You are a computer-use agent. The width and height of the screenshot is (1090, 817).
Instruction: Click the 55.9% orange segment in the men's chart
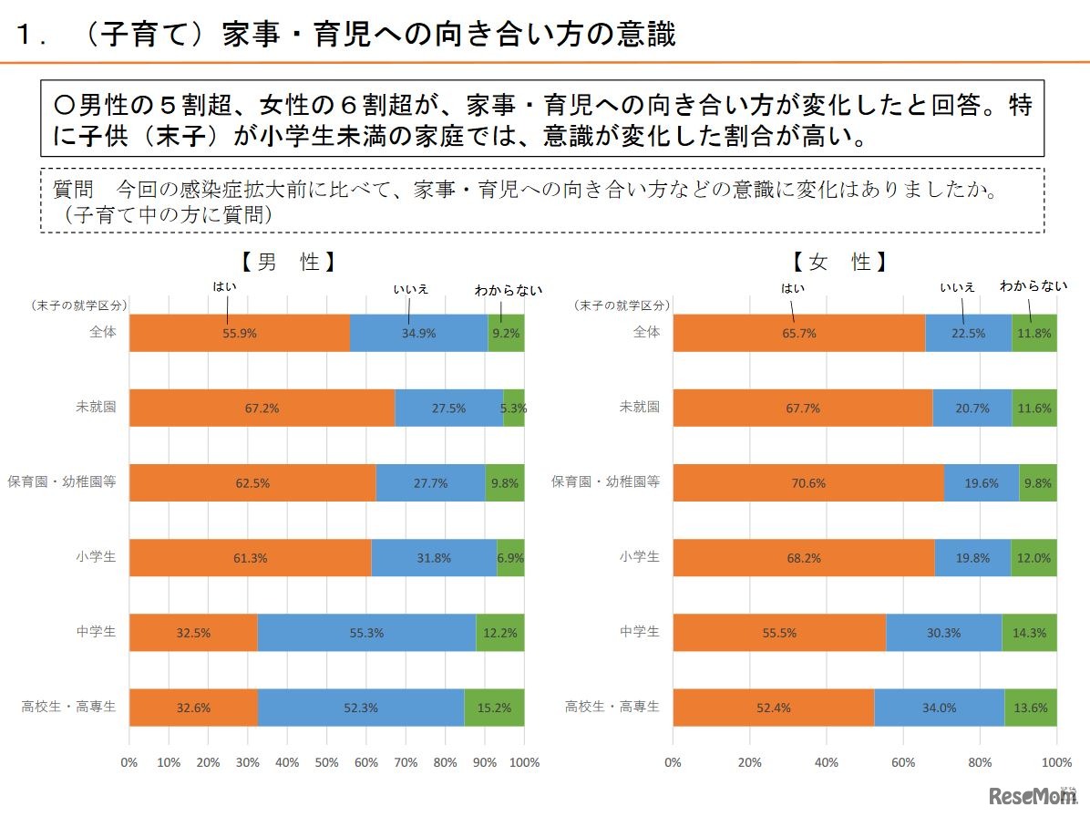pyautogui.click(x=240, y=333)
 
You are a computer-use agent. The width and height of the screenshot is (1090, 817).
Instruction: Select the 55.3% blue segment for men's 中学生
pyautogui.click(x=366, y=633)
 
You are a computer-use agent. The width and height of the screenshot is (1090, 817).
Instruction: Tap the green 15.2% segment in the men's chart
pyautogui.click(x=494, y=708)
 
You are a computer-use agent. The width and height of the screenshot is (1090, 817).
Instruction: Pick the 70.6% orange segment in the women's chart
pyautogui.click(x=808, y=483)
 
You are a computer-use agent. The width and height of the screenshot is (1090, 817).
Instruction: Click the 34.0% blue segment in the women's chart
pyautogui.click(x=939, y=708)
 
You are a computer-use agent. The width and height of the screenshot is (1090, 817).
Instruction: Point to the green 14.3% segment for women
pyautogui.click(x=1029, y=633)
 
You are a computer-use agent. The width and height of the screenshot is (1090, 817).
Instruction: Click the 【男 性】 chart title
pyautogui.click(x=289, y=263)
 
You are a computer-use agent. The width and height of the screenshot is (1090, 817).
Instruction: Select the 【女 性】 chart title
pyautogui.click(x=838, y=263)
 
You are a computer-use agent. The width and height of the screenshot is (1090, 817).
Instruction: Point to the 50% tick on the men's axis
pyautogui.click(x=326, y=762)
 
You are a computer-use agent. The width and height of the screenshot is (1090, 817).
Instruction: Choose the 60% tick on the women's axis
pyautogui.click(x=903, y=762)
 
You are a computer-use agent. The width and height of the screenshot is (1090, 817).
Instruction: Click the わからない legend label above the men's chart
pyautogui.click(x=508, y=290)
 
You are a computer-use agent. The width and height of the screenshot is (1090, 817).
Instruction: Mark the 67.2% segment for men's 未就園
pyautogui.click(x=262, y=408)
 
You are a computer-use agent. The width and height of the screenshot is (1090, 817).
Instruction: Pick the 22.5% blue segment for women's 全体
pyautogui.click(x=968, y=333)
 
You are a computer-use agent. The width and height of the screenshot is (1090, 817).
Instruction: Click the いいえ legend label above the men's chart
pyautogui.click(x=410, y=289)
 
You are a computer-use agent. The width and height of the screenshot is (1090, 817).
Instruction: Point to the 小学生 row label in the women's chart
pyautogui.click(x=639, y=556)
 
